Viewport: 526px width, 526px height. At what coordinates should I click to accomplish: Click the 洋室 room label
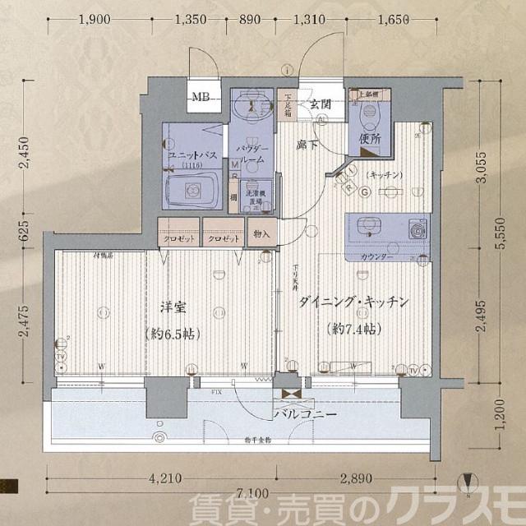173,309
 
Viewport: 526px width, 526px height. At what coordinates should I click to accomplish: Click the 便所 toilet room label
370,139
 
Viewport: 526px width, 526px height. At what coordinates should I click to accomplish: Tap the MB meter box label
200,98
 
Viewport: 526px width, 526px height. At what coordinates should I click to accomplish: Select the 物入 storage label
262,234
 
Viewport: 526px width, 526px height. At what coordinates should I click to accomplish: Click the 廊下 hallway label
308,144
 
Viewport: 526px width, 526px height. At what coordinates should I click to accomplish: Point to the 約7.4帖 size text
355,329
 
